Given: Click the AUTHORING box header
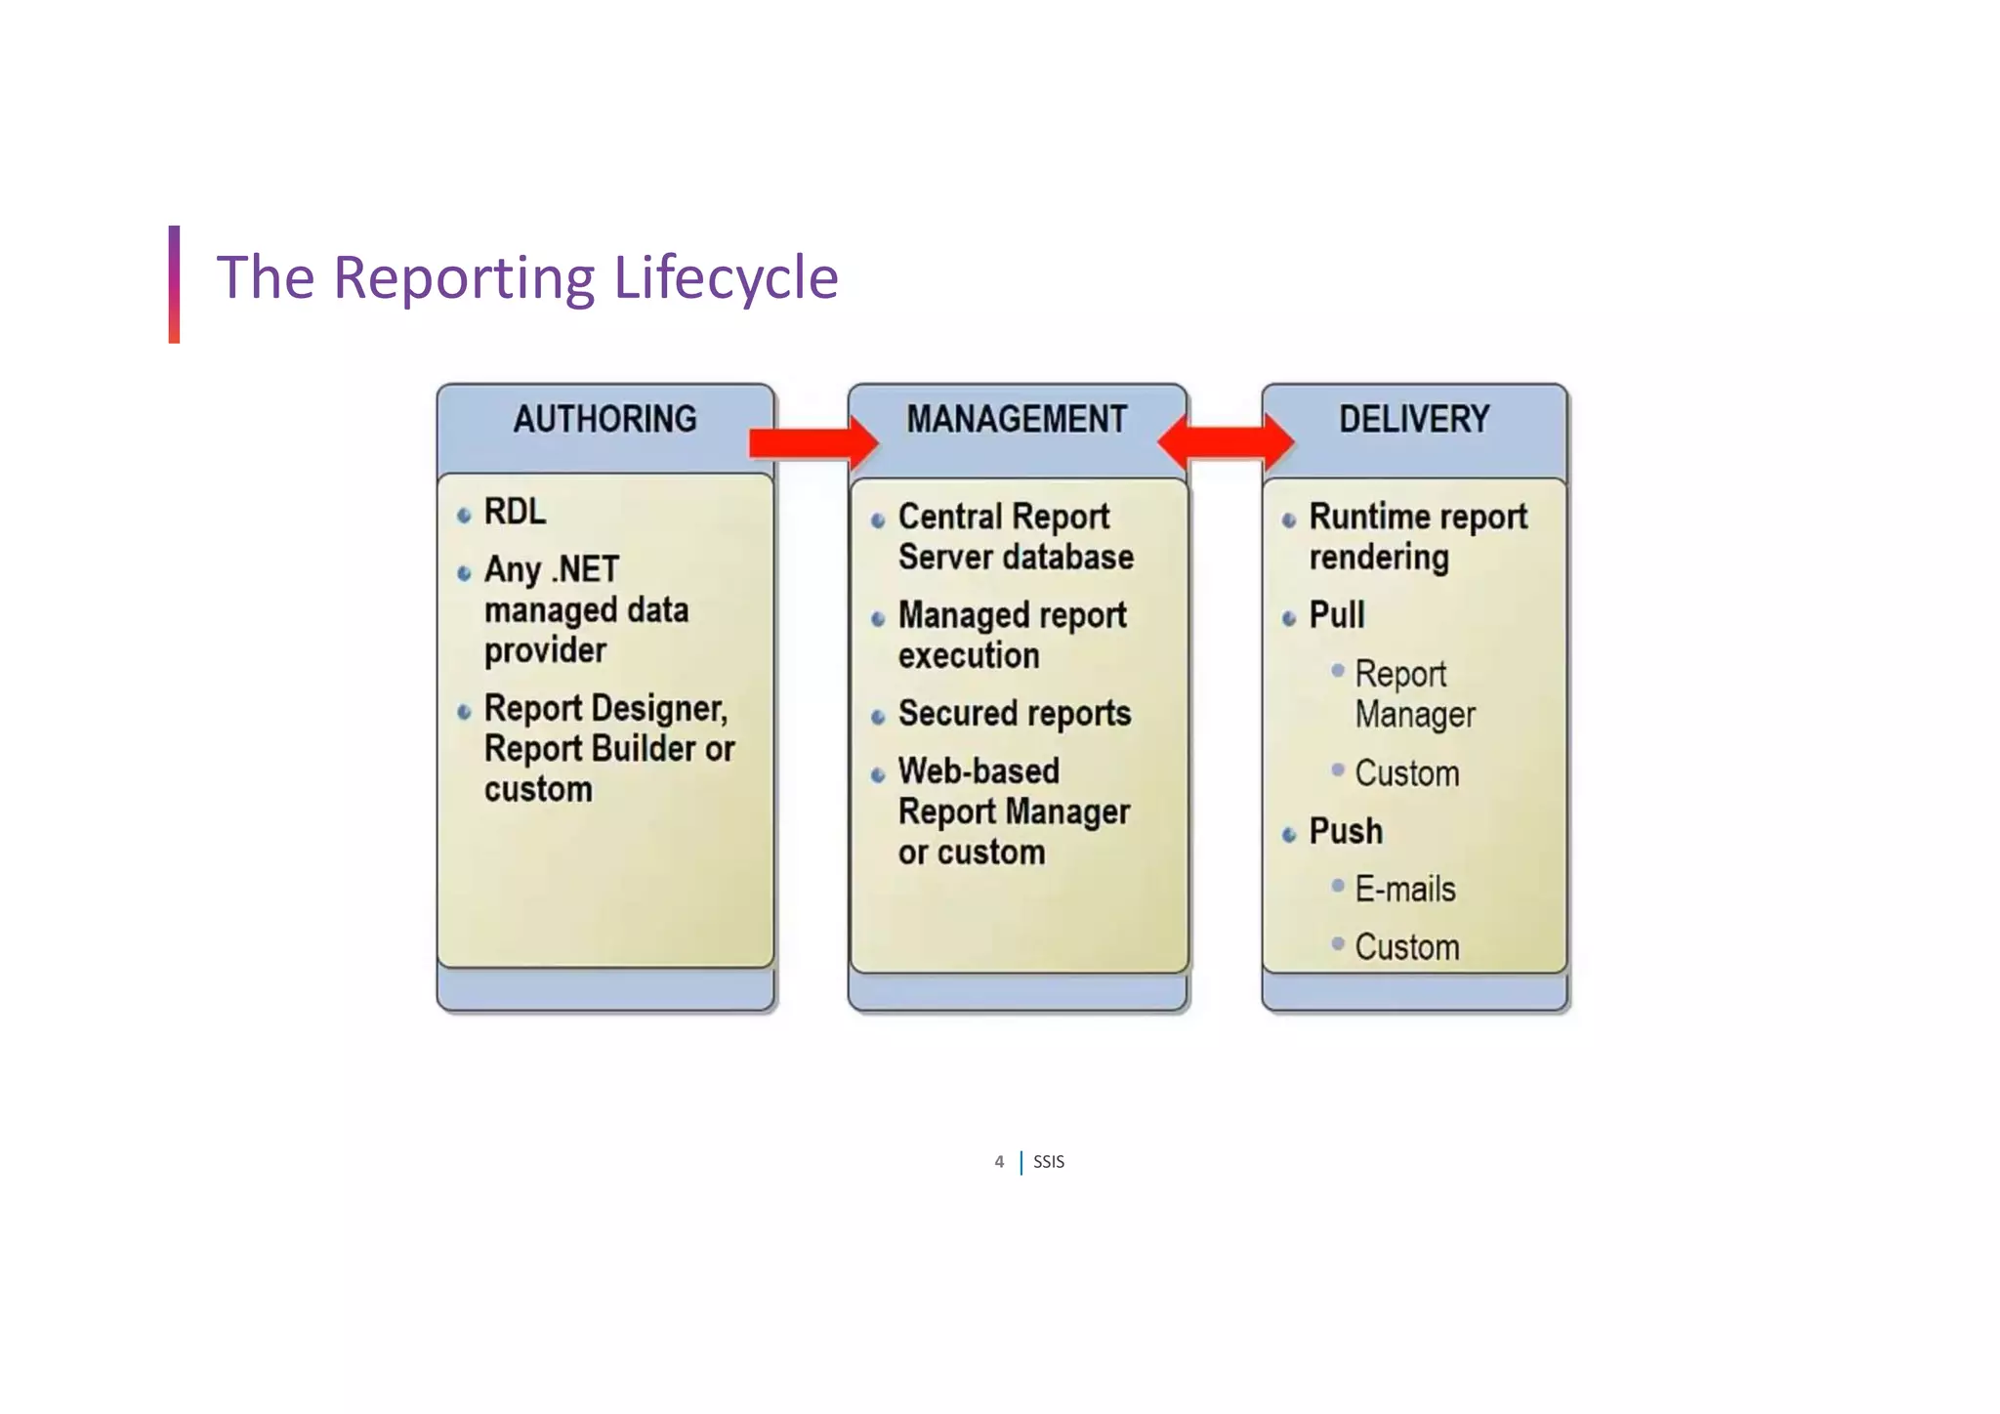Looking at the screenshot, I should [604, 420].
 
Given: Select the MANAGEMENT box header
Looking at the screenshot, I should [1016, 420].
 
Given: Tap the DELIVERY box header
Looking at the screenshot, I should [1413, 420].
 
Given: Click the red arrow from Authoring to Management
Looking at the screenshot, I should [812, 443].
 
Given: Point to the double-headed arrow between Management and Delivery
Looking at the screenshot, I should [1226, 442].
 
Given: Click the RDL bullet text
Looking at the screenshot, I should [515, 512].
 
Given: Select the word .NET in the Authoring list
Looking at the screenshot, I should [585, 569].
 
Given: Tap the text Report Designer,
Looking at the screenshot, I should [605, 708].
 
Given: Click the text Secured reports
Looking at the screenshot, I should [1014, 714].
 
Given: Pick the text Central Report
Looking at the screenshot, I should [1003, 517].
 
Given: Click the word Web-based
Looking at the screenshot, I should [979, 771].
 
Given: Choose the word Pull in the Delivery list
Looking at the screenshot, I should [1336, 615].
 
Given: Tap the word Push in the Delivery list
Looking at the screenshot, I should [1346, 831].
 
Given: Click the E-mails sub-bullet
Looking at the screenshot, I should [1404, 890].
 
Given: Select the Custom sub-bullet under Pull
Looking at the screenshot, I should [1406, 773].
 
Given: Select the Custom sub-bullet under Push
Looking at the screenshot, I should [1406, 947].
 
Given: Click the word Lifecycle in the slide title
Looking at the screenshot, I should [726, 277].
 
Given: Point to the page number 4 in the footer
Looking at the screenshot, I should [998, 1162].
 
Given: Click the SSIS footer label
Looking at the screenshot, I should [1049, 1162].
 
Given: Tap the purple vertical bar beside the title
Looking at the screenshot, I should [174, 283].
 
